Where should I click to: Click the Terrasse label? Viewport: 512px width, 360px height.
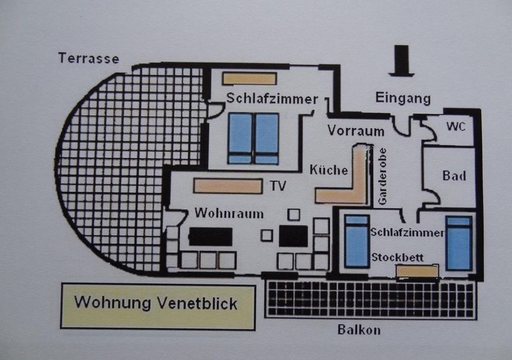click(x=89, y=58)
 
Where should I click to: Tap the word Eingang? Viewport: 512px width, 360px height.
click(x=403, y=98)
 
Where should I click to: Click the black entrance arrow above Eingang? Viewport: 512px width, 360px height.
click(x=401, y=61)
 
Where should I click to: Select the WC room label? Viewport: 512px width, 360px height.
click(x=456, y=126)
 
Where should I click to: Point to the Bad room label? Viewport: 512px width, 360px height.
click(x=454, y=176)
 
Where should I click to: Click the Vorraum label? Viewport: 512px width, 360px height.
click(x=356, y=130)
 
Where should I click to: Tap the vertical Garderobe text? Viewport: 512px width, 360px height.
click(x=382, y=176)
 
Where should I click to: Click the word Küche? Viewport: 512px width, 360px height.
click(x=328, y=170)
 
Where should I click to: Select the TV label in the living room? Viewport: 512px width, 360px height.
click(x=278, y=186)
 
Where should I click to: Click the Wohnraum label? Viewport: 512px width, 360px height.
click(x=229, y=213)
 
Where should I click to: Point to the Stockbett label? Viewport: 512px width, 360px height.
click(x=397, y=257)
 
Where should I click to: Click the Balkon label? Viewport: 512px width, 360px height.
click(x=359, y=329)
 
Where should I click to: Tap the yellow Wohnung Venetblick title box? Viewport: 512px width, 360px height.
click(x=158, y=306)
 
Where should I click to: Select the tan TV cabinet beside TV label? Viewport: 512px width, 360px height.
click(x=228, y=186)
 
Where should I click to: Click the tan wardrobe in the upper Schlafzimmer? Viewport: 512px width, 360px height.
click(x=249, y=78)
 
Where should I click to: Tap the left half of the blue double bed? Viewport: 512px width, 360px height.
click(x=240, y=138)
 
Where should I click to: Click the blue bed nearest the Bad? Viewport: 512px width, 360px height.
click(x=459, y=243)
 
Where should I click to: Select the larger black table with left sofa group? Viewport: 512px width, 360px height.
click(x=210, y=237)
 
